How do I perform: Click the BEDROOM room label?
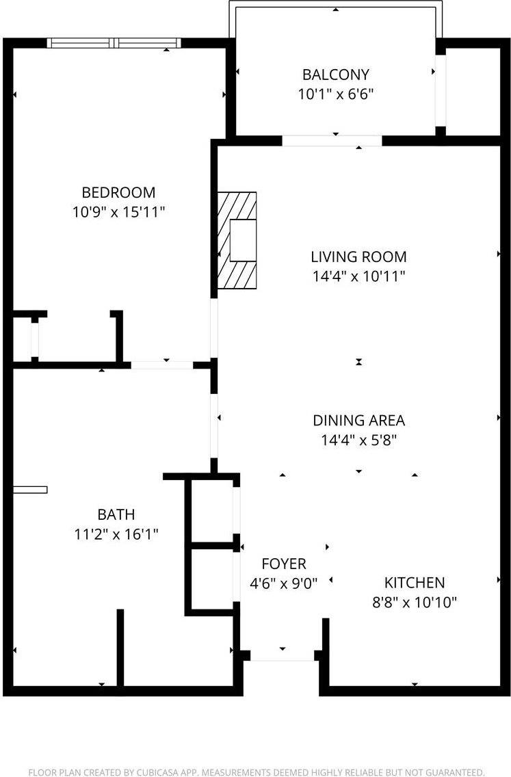118,192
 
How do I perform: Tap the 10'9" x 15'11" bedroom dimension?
118,212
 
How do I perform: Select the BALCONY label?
335,74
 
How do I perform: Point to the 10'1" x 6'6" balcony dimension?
335,94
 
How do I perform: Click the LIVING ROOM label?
358,257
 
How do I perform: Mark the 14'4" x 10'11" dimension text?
358,277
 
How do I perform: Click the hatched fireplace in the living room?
237,240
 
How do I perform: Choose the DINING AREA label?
358,421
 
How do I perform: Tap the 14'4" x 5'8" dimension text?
358,440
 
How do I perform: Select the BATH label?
116,514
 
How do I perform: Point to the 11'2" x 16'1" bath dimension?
116,534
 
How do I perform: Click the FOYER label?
283,564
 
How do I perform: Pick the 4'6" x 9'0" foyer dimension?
283,584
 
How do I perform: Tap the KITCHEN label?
414,583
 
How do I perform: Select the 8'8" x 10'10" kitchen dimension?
414,603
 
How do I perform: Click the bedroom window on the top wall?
114,43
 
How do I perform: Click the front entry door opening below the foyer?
283,655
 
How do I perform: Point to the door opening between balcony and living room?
332,141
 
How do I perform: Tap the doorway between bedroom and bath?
162,365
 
